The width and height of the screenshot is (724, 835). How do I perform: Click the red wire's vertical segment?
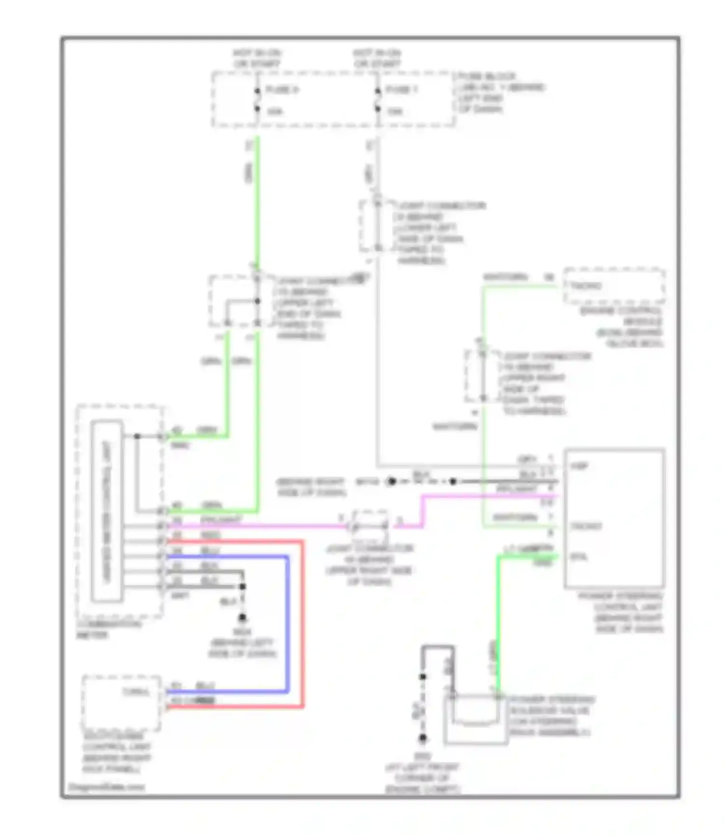coord(303,622)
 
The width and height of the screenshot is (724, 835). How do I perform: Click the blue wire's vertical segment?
coord(288,622)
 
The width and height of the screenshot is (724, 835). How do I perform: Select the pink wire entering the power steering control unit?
coord(487,496)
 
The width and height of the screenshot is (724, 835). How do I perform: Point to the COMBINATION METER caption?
coord(109,630)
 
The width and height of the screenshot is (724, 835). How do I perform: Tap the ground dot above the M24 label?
coord(242,617)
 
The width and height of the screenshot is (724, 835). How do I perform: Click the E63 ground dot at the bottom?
coord(422,738)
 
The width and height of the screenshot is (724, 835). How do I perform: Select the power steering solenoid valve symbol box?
coord(475,719)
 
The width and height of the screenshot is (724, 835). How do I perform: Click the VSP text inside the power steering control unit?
coord(579,466)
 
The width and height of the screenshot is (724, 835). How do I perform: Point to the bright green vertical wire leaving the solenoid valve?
coord(498,627)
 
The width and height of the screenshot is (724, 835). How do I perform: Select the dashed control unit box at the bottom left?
coord(121,702)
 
